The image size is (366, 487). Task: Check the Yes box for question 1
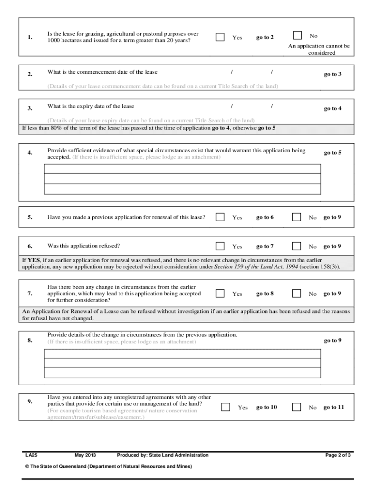pos(220,37)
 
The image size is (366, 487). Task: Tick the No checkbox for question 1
pos(298,35)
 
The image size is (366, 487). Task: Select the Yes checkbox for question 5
pos(220,217)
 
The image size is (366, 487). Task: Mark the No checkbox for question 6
pos(297,246)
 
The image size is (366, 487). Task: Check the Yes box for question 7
pos(220,293)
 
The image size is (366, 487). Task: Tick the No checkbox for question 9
pos(297,407)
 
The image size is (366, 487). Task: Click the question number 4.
pos(29,153)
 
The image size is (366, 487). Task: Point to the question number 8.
pos(29,341)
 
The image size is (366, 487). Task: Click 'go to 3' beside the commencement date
pos(333,74)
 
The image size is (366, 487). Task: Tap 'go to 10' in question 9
pos(266,407)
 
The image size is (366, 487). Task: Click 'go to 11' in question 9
pos(334,407)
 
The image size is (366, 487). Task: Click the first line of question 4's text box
pos(183,169)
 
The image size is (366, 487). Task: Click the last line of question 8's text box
pos(183,373)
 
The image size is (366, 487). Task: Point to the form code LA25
pos(31,455)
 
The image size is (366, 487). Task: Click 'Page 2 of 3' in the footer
pos(338,455)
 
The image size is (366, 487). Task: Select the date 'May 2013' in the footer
pos(86,455)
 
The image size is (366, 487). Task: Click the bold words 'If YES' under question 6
pos(31,260)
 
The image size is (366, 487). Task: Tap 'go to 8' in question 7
pos(265,293)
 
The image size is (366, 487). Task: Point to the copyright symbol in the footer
pos(27,467)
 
